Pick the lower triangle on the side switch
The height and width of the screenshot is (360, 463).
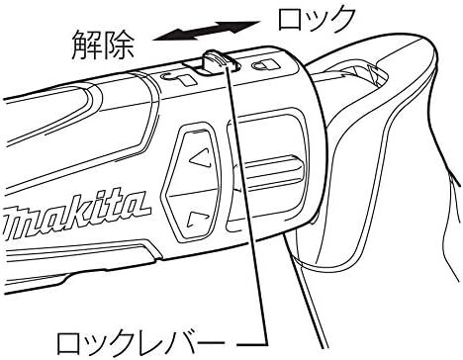(198, 220)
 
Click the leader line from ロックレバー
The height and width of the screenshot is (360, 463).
(237, 198)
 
